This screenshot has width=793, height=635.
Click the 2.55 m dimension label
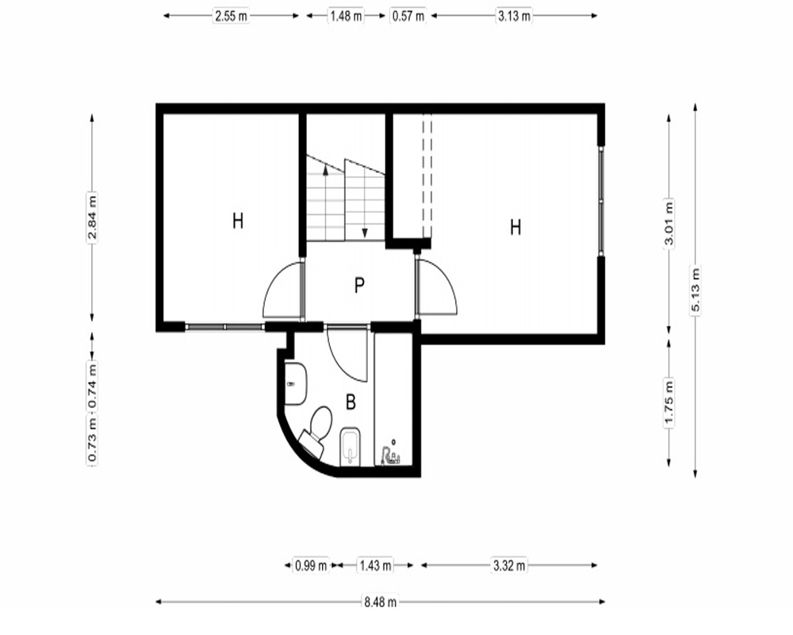coord(231,16)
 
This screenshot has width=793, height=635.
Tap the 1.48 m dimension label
coord(347,16)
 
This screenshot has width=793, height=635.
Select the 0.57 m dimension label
coord(408,16)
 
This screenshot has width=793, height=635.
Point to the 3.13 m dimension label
coord(515,16)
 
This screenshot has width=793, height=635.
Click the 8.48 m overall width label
coord(381,602)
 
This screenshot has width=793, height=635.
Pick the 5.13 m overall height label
coord(695,291)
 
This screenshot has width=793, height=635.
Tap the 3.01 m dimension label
coord(669,223)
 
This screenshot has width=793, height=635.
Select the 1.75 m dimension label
coord(669,403)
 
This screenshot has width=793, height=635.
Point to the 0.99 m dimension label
coord(311,565)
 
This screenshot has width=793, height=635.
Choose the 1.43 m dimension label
coord(375,565)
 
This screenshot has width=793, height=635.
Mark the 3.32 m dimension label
coord(509,565)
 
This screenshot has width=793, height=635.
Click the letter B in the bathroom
coord(351,402)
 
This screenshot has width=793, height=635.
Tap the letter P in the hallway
coord(359,286)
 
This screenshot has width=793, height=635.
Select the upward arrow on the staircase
coord(326,202)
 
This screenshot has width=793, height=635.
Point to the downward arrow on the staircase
coord(365,202)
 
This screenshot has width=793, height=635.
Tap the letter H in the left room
coord(238,221)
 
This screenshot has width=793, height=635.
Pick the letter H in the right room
coord(515,227)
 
